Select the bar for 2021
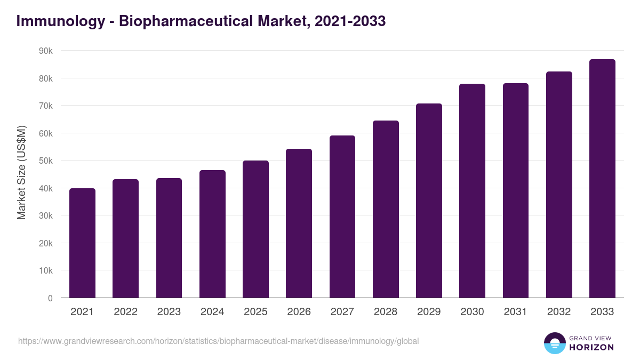[x=82, y=243]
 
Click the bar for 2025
[x=255, y=229]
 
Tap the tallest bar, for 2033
[x=602, y=179]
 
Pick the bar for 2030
[x=472, y=191]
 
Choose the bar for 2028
[x=386, y=209]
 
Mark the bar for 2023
[x=169, y=238]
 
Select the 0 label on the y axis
[x=50, y=298]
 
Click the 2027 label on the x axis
[x=342, y=312]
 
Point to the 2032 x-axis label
[x=559, y=312]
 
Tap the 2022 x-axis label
[x=125, y=312]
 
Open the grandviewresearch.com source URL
[x=219, y=341]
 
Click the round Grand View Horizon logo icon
[x=554, y=343]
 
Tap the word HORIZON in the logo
[x=591, y=347]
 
